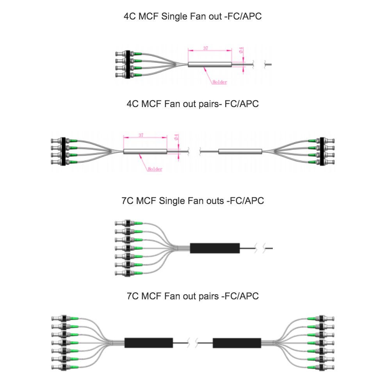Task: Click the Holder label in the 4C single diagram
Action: click(x=220, y=82)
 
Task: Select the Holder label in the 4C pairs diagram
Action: click(x=155, y=170)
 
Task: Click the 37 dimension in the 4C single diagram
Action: click(x=206, y=48)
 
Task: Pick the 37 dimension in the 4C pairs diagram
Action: click(x=141, y=136)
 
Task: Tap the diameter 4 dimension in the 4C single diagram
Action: click(x=242, y=50)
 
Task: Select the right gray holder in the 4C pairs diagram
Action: click(x=240, y=151)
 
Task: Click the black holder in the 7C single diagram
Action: click(x=215, y=248)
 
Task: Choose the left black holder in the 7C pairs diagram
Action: click(x=149, y=343)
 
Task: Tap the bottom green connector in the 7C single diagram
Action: click(x=137, y=273)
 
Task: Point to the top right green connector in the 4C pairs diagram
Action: click(x=312, y=141)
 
